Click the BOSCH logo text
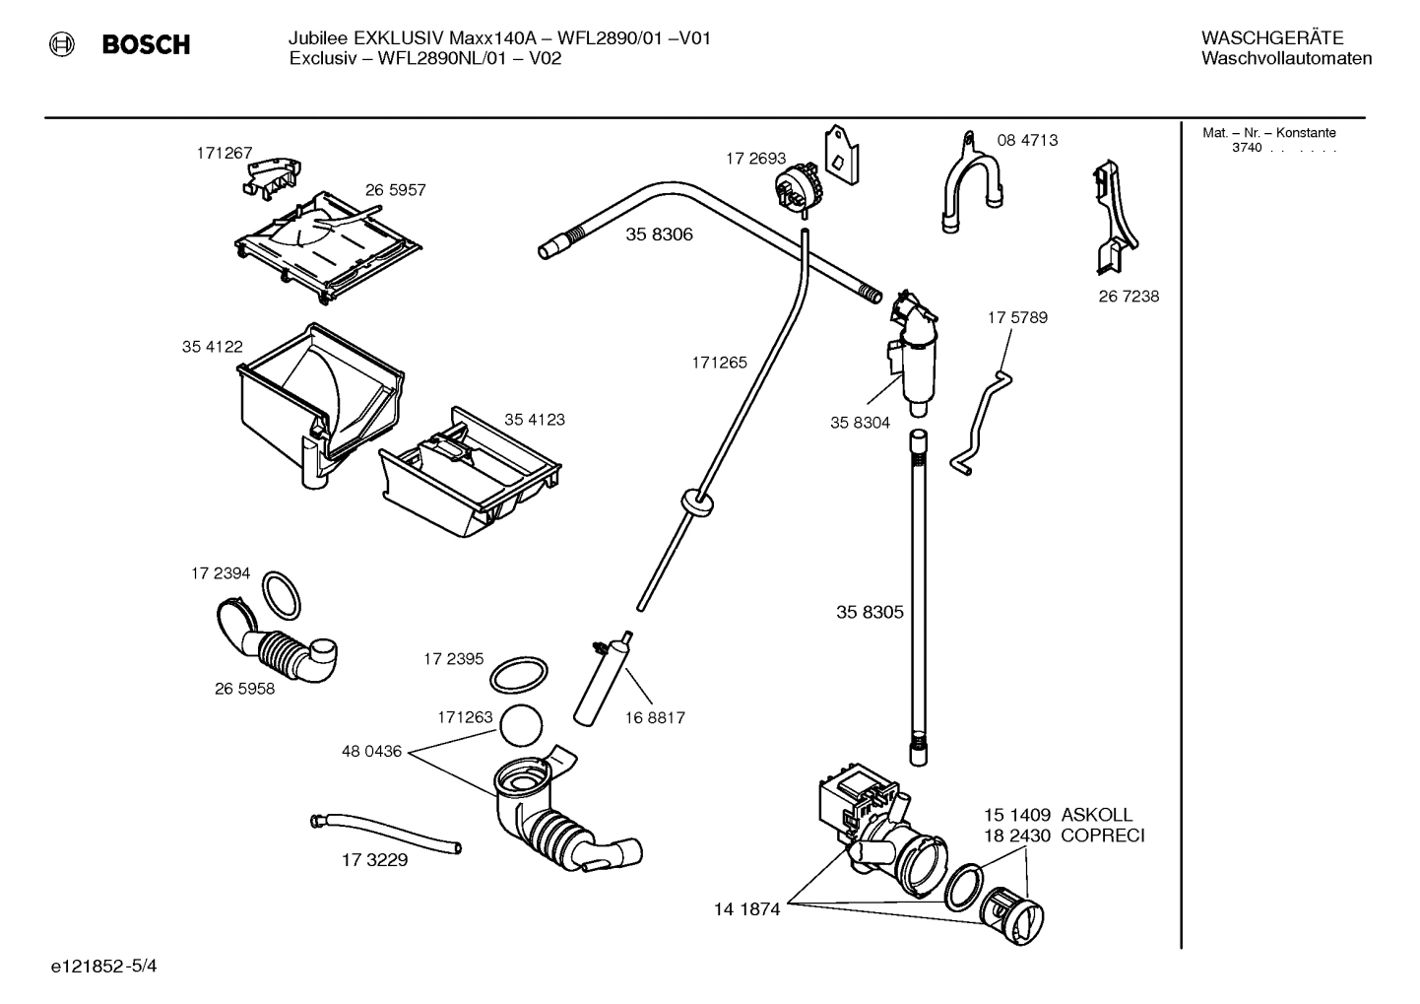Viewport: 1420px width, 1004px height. pyautogui.click(x=146, y=45)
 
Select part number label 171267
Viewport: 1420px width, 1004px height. pyautogui.click(x=224, y=153)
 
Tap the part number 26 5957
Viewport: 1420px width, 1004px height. pyautogui.click(x=395, y=190)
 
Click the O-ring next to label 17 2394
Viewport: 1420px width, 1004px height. pyautogui.click(x=282, y=595)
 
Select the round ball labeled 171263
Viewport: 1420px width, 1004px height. pyautogui.click(x=522, y=726)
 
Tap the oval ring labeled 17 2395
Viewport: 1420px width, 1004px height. pyautogui.click(x=518, y=676)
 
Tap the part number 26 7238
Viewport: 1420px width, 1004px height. pyautogui.click(x=1129, y=296)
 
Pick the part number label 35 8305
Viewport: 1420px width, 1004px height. pyautogui.click(x=870, y=612)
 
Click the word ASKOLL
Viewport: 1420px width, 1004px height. pyautogui.click(x=1096, y=815)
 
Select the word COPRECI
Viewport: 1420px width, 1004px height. pyautogui.click(x=1102, y=837)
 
